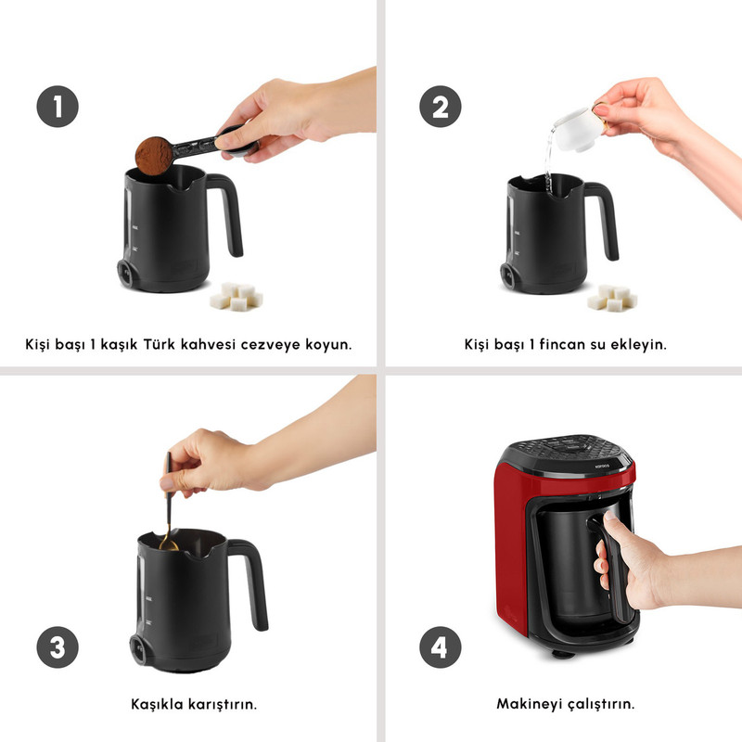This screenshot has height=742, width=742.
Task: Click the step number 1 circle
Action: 58,107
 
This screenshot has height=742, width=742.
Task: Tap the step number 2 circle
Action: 441,107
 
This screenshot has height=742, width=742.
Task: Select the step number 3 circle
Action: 58,647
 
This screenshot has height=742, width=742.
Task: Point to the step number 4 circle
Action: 441,647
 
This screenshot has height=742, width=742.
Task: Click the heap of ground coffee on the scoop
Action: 154,155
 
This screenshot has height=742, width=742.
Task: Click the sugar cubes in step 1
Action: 237,297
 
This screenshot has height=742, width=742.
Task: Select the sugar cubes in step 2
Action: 612,298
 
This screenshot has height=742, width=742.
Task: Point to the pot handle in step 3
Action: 249,582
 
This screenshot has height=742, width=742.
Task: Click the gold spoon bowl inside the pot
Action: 168,544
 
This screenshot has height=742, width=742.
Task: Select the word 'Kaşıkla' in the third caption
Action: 157,704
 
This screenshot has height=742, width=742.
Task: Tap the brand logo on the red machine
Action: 602,467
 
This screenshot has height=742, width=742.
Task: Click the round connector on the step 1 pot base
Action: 126,273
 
